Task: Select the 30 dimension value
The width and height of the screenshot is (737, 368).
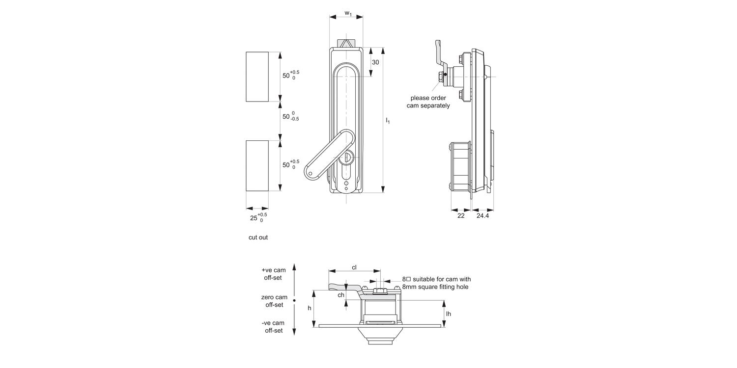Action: [x=375, y=62]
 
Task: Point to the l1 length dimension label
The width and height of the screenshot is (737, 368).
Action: [x=388, y=120]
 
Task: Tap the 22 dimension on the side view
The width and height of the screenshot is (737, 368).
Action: [x=460, y=216]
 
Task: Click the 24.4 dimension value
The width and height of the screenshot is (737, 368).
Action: [x=482, y=216]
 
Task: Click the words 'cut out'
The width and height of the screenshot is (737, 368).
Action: [x=258, y=237]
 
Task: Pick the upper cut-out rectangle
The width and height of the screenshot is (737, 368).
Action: [x=257, y=77]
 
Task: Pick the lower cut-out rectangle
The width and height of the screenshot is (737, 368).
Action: [x=257, y=165]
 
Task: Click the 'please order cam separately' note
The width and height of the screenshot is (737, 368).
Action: [x=428, y=102]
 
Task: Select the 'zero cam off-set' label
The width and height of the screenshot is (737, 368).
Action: [x=274, y=301]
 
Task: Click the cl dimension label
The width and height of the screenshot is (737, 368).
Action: [x=354, y=267]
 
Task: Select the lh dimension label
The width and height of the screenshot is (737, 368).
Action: [x=448, y=314]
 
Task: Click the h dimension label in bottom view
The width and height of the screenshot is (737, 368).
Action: [x=310, y=308]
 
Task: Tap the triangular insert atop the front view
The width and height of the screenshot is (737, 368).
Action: [x=346, y=43]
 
